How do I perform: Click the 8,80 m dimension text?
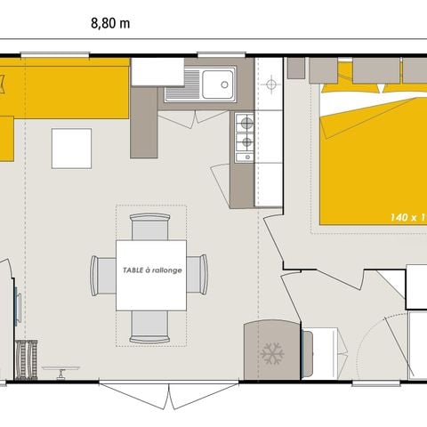pos(110,24)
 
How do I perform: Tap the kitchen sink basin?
pos(217,85)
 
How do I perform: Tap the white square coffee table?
pos(71,149)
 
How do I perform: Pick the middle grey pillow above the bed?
pos(375,71)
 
